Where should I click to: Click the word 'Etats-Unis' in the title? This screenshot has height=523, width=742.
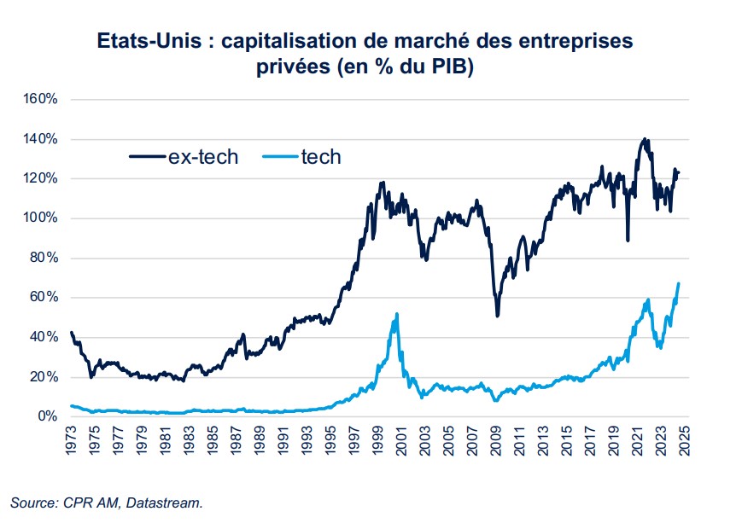point(146,42)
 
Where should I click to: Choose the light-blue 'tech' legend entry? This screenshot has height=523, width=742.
point(321,156)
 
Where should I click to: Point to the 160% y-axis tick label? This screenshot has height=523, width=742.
point(39,99)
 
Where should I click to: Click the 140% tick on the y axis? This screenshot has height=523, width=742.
point(39,139)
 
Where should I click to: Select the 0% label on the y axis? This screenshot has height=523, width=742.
point(45,416)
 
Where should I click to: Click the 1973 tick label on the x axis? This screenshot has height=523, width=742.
point(71,441)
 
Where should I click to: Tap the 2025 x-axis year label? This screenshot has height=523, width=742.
point(683,441)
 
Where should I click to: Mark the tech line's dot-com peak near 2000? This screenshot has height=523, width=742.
point(396,314)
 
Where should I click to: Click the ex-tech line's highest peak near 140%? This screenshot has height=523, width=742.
point(645,139)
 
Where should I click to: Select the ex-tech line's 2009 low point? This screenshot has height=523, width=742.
point(497,316)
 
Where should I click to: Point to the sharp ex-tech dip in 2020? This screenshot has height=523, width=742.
point(628,240)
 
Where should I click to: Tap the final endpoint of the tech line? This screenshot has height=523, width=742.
point(678,283)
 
